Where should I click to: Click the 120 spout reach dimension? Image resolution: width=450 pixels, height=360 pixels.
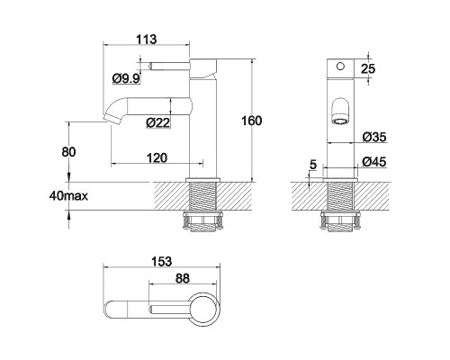[x=157, y=157]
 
